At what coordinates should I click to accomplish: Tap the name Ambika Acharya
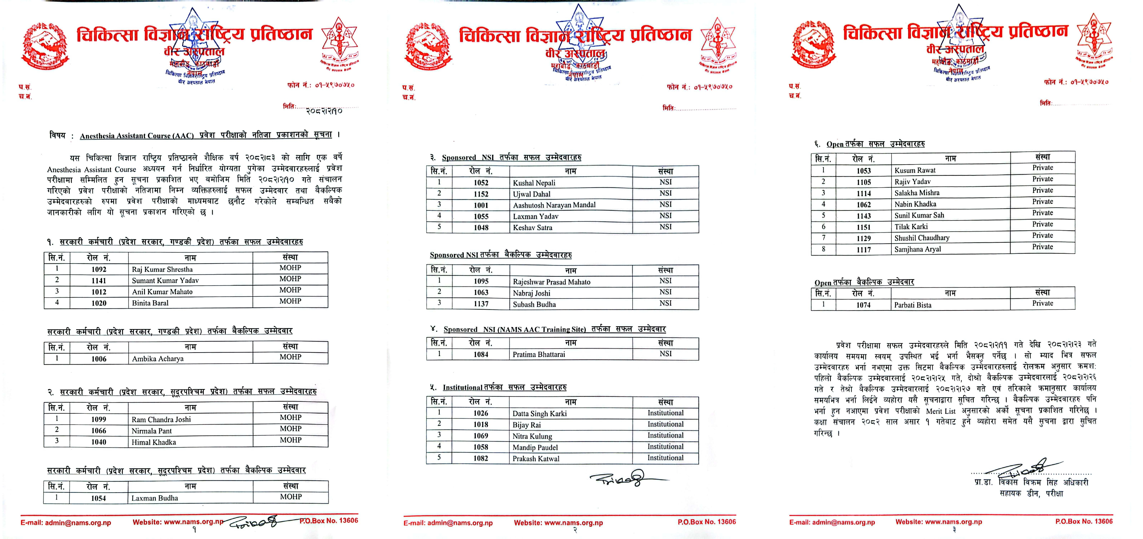coord(158,358)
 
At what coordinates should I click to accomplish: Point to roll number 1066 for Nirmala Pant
coord(99,430)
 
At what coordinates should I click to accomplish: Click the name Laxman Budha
coord(155,498)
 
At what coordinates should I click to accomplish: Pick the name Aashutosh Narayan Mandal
coord(554,205)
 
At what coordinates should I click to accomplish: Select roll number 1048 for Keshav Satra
coord(481,228)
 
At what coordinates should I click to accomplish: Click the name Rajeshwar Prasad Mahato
coord(552,282)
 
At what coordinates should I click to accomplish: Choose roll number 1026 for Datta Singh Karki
coord(481,413)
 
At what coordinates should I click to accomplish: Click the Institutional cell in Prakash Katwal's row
coord(665,458)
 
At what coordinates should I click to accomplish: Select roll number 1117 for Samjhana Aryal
coord(863,250)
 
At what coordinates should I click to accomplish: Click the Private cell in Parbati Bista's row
coord(1042,303)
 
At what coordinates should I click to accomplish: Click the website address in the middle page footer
coord(558,523)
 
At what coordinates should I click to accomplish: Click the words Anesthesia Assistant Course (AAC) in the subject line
coord(137,136)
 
